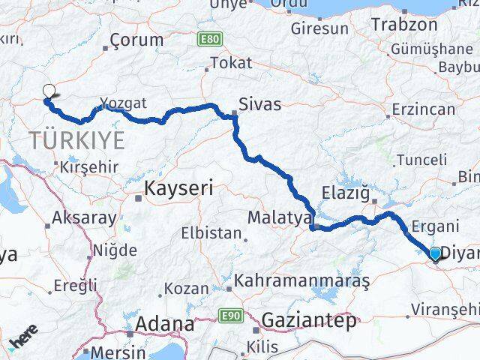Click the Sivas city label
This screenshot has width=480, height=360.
pos(260,104)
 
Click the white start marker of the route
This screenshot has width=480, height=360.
pos(49,91)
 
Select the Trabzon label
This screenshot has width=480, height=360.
pos(403,24)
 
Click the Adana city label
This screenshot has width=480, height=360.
pos(162,325)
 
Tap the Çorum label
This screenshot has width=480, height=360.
pos(136,40)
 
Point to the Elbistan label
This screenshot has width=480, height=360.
pos(211,232)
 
